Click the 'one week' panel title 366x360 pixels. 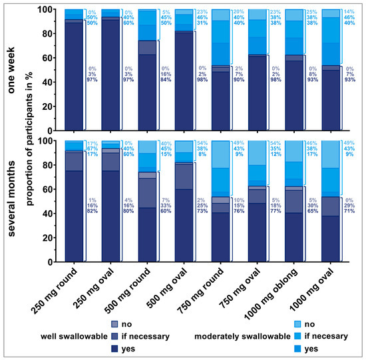point(9,69)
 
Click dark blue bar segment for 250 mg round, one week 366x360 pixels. point(74,86)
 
